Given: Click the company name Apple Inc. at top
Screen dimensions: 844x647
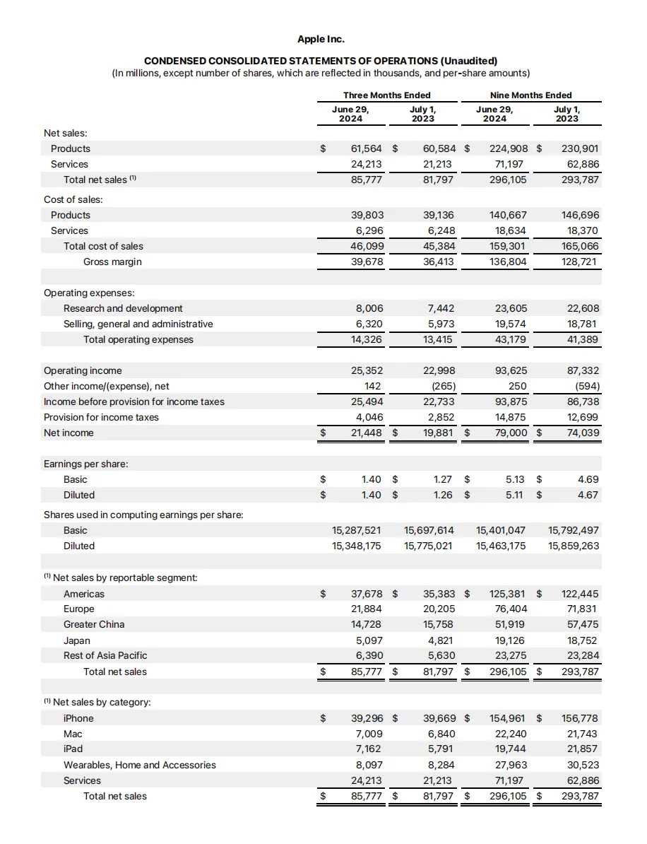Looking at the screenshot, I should click(321, 39).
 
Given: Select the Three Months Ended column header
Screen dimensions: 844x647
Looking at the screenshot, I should click(386, 95).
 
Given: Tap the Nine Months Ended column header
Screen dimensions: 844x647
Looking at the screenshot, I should click(530, 95).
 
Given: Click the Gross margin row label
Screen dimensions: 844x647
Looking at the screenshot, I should click(112, 262).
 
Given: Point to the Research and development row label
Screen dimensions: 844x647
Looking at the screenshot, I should click(123, 308).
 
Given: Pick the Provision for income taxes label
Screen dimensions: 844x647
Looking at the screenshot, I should click(101, 417).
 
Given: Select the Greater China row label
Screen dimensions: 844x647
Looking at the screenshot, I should click(94, 624).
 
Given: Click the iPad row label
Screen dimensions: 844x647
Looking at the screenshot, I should click(73, 749).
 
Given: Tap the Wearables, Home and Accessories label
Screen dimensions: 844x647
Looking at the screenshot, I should click(140, 765).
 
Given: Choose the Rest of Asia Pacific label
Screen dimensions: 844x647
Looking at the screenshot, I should click(105, 655).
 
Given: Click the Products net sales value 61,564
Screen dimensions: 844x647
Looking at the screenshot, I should click(366, 148).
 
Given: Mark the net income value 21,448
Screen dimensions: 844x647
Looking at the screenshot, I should click(366, 433).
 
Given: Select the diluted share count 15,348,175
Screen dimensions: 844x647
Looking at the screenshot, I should click(356, 546).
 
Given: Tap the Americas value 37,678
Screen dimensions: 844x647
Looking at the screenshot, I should click(367, 594).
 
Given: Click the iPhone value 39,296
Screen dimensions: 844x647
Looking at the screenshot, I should click(367, 718).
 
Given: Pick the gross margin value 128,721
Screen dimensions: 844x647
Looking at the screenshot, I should click(579, 262).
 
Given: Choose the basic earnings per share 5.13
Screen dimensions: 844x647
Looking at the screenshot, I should click(515, 479).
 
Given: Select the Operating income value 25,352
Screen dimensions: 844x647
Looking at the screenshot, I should click(366, 370).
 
